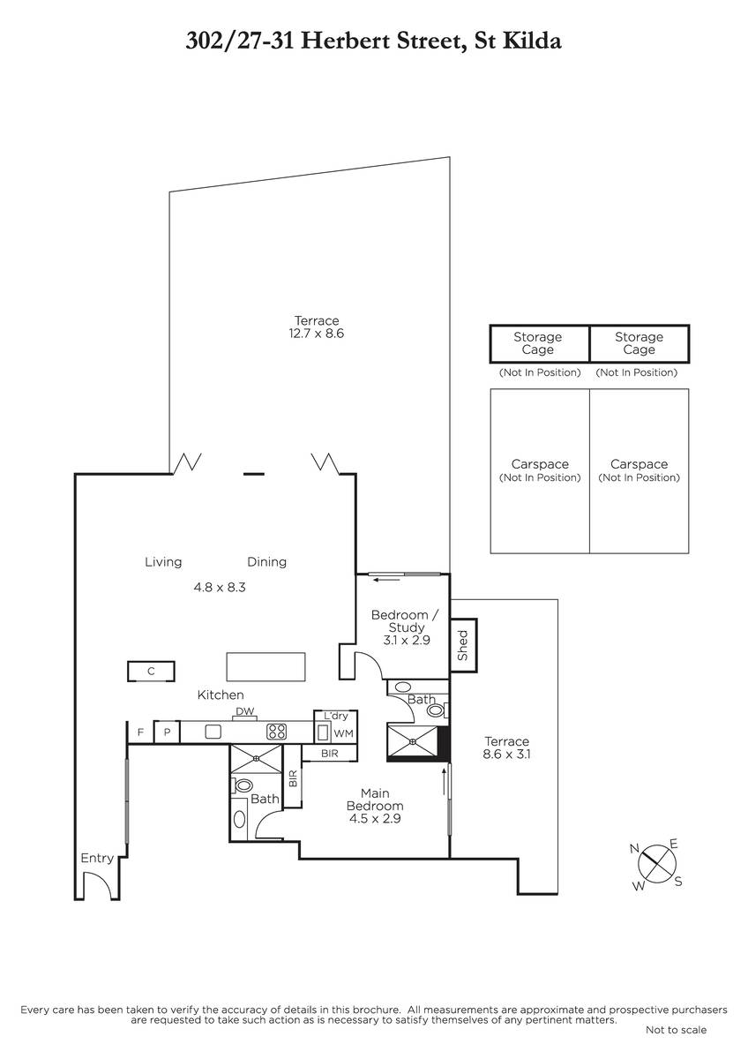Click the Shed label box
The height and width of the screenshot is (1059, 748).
463,645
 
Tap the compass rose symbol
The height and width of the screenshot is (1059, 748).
656,863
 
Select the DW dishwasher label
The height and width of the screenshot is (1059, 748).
244,711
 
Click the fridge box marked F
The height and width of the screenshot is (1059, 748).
140,732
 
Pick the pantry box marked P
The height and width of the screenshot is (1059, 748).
167,732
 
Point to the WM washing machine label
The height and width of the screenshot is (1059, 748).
343,733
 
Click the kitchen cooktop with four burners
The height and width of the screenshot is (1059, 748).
276,732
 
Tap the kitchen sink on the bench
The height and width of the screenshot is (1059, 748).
213,732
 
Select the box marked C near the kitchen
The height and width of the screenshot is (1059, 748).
151,671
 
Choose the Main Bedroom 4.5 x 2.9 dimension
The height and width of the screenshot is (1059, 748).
375,818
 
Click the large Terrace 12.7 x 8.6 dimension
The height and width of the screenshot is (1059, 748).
317,334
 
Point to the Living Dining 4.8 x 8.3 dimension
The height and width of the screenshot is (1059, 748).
220,587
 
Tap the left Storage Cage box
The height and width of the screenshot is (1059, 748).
540,343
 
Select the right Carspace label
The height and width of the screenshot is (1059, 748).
639,464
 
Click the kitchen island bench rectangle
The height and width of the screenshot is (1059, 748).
266,666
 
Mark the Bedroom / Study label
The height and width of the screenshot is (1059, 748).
406,621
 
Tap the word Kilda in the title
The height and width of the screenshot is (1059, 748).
532,41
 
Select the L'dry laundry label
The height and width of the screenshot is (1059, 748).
336,716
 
